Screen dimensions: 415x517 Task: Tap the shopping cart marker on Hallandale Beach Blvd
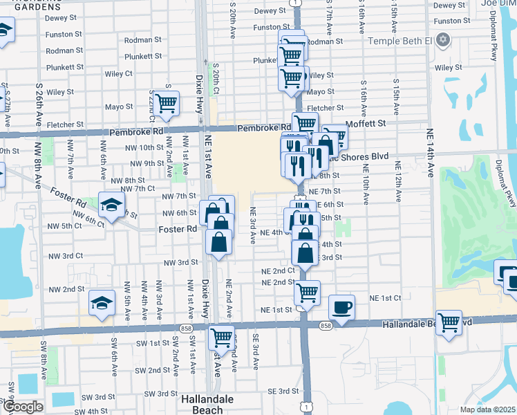(449, 321)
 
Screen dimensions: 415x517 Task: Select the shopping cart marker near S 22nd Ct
(167, 104)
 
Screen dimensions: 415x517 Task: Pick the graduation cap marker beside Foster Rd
(110, 205)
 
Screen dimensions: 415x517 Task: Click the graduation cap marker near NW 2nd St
(102, 303)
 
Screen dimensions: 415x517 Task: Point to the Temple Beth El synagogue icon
(443, 41)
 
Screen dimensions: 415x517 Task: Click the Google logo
(23, 407)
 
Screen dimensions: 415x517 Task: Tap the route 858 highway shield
(326, 325)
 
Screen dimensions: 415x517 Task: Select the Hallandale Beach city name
(207, 404)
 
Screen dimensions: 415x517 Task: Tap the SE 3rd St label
(279, 391)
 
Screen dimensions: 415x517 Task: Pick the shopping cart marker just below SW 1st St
(222, 338)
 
